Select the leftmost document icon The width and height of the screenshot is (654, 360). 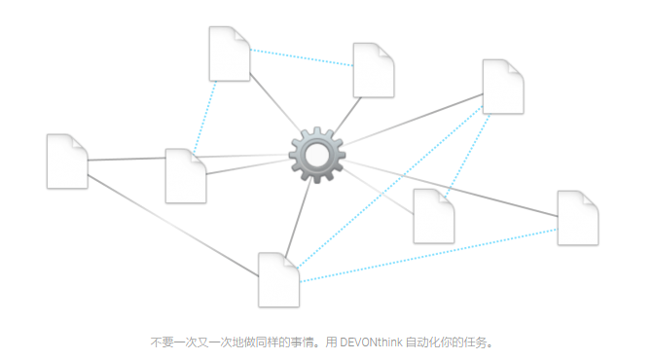[67, 162]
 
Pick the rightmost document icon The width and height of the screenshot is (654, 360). [577, 218]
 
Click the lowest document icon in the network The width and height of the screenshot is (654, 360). [278, 279]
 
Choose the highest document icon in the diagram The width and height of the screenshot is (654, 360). [230, 54]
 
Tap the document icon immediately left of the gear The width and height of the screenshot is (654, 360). [185, 176]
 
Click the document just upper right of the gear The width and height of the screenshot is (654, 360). [373, 70]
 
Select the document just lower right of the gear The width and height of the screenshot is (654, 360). [433, 216]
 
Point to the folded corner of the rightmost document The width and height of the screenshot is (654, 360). [590, 198]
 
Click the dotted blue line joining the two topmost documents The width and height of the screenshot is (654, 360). [302, 57]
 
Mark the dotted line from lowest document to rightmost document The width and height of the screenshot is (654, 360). [428, 256]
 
